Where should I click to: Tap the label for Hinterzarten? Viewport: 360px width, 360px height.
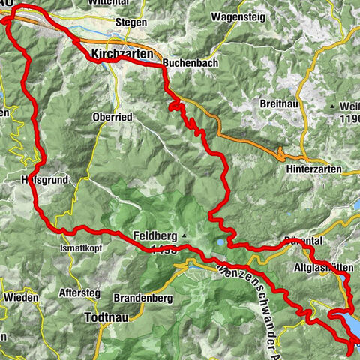(x=313, y=170)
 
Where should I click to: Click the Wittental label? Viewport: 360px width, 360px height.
(x=131, y=3)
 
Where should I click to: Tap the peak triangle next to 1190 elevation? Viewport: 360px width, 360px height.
(x=331, y=107)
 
